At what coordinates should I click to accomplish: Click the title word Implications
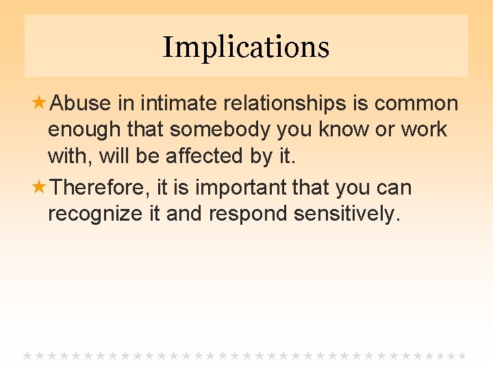246,47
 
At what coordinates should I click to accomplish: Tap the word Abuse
81,103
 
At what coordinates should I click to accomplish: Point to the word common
416,103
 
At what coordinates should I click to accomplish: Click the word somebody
221,129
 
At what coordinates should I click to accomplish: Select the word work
424,129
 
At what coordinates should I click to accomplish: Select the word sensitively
346,214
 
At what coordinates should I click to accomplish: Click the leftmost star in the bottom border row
28,356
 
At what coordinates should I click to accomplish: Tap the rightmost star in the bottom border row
462,356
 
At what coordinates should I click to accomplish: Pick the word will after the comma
114,156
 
